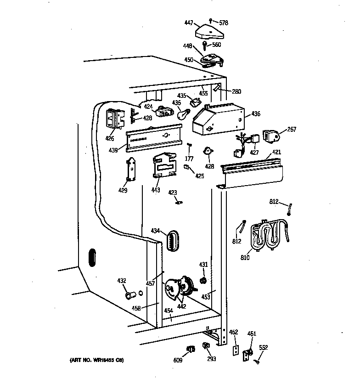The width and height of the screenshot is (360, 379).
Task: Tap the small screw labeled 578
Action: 210,20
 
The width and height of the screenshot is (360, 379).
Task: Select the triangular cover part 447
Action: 210,32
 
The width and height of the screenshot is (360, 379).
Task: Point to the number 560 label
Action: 216,45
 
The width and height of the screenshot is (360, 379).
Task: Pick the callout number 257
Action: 292,130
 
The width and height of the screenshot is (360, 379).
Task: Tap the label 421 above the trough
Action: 276,152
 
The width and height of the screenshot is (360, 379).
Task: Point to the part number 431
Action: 203,264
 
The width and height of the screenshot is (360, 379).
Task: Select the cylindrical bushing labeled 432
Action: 130,294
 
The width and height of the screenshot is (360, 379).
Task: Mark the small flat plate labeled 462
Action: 236,351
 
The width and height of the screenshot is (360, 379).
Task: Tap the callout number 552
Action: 264,348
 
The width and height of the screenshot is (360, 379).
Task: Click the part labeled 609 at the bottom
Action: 188,350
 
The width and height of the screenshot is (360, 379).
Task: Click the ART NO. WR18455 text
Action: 97,360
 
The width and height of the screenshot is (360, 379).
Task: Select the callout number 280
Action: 236,91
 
